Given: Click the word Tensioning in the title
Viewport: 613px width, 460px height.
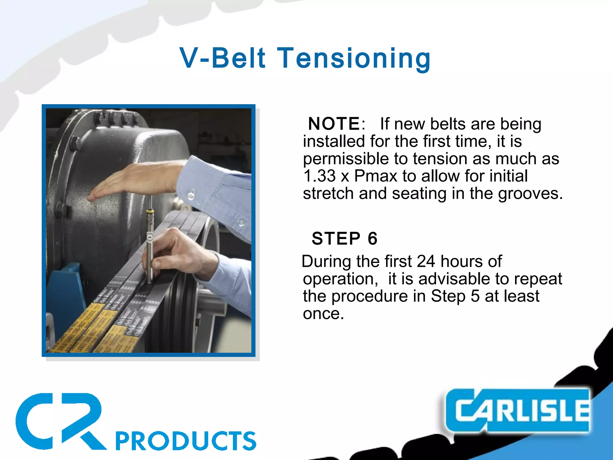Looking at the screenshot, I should click(x=354, y=58).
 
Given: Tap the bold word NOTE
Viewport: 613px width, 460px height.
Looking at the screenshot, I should click(x=334, y=124).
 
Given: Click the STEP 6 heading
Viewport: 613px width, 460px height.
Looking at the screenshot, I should click(x=344, y=239).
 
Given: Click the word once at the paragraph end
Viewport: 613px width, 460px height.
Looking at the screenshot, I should click(x=323, y=314).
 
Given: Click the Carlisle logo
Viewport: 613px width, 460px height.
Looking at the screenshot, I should click(x=518, y=411).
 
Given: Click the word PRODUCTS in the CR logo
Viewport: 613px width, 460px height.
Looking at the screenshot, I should click(x=186, y=441).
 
